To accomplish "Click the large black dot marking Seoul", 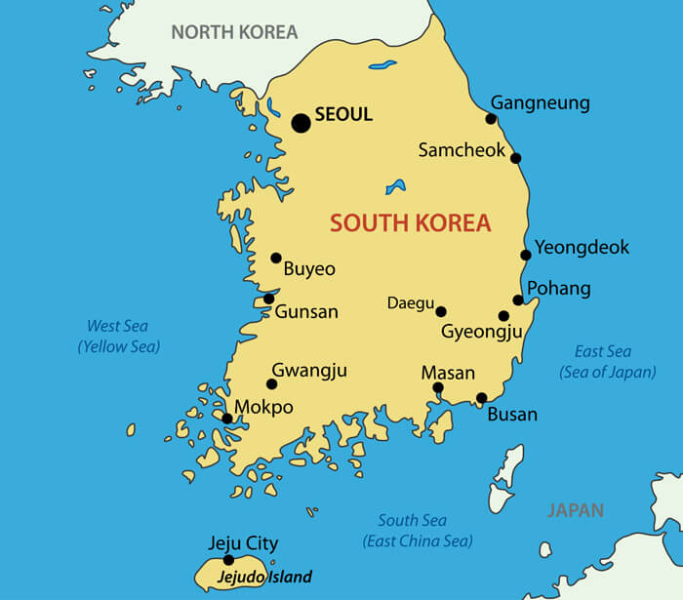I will click(x=301, y=123).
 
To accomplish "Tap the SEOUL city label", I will click(x=343, y=114).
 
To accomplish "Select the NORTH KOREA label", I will click(x=234, y=32).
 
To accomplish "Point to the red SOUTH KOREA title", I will click(x=410, y=222).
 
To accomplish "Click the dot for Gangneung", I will click(x=491, y=119).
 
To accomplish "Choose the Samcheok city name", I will click(x=462, y=150).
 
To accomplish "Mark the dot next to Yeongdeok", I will click(x=526, y=255).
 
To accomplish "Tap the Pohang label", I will click(x=559, y=288).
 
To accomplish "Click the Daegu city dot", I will click(x=441, y=311).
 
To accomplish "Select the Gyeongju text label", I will click(x=482, y=332).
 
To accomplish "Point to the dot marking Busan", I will click(x=481, y=397).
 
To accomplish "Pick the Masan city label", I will click(x=448, y=373).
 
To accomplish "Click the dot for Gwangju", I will click(x=271, y=383).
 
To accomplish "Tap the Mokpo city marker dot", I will click(x=227, y=419).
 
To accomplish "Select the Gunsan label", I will click(x=306, y=312).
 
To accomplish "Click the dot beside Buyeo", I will click(x=276, y=259).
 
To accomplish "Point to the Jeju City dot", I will click(x=228, y=560).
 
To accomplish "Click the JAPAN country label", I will click(x=575, y=510).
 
